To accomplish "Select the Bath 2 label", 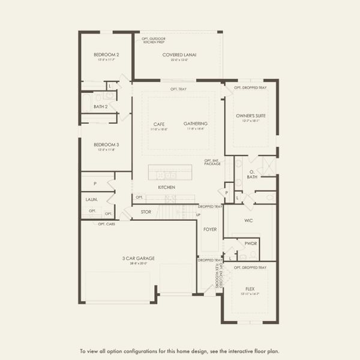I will pos(100,107).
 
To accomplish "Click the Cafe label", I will pos(159,124).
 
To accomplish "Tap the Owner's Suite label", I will pos(251,115).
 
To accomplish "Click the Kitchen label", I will pos(167,187).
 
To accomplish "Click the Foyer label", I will pos(210,229).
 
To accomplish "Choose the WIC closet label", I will pos(248,220).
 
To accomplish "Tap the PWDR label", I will pos(251,243).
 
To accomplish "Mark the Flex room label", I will pos(250,287).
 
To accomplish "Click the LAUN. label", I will pos(92,199).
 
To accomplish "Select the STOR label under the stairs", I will pos(146,212).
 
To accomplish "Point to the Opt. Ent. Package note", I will pos(212,161).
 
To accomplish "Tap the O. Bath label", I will pos(253,175).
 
